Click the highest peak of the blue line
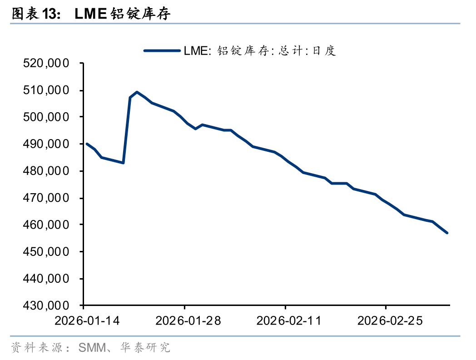tap(137, 92)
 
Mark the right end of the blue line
tap(447, 233)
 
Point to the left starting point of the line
tap(87, 144)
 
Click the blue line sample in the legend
tap(162, 50)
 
